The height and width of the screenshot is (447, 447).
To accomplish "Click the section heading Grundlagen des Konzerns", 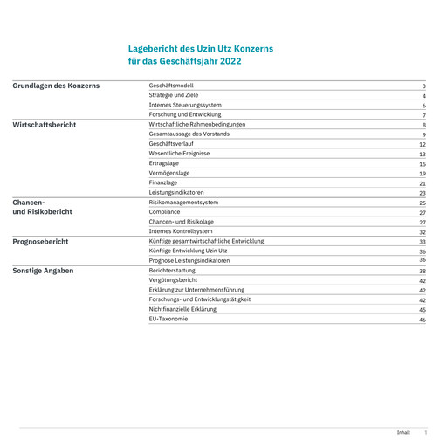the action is click(56, 86).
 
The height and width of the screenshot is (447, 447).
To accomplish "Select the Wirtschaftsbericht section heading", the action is click(45, 125).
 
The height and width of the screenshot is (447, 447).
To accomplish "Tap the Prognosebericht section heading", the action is click(40, 241).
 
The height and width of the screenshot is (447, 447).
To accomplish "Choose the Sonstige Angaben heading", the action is click(43, 271).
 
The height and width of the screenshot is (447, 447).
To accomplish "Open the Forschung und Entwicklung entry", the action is click(185, 114).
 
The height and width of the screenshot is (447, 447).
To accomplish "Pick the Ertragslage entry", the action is click(165, 163).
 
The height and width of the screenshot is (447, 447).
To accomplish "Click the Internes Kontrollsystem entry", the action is click(181, 231).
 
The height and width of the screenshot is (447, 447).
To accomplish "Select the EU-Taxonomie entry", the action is click(168, 319).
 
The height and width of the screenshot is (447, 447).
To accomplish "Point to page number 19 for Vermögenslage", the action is click(422, 174).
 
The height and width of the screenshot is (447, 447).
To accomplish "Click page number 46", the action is click(422, 320).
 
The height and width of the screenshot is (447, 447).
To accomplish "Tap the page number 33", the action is click(422, 242).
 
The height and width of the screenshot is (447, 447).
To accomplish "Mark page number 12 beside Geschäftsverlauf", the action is click(422, 144).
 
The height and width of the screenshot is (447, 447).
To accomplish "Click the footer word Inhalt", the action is click(403, 432).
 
